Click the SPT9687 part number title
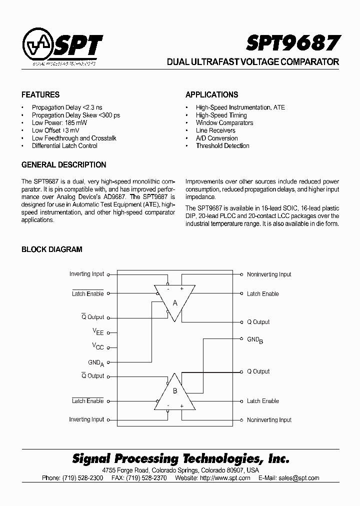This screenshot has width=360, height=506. [293, 43]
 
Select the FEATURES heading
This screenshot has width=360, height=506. [40, 94]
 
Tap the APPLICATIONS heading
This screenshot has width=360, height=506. [211, 94]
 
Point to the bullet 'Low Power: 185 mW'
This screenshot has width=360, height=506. [53, 122]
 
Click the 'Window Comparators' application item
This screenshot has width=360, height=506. [224, 122]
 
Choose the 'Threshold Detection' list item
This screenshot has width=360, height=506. [222, 145]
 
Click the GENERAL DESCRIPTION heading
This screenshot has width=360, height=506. [64, 164]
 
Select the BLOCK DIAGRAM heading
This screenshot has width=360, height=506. [52, 249]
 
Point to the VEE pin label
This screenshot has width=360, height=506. [98, 332]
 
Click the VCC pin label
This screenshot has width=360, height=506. [98, 346]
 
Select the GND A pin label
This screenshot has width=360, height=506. [96, 362]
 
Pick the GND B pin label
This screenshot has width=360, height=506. [255, 340]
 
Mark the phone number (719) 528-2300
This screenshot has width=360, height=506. [83, 478]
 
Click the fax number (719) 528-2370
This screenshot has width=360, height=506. [150, 478]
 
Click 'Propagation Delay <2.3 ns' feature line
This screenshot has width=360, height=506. [67, 107]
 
